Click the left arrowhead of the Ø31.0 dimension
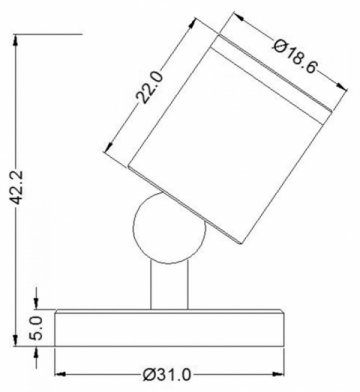coord(58,363)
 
